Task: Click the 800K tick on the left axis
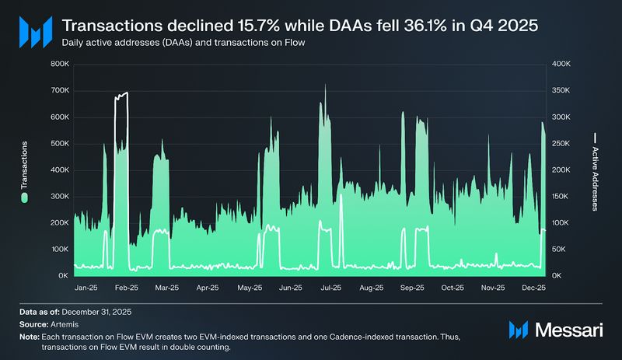tap(59, 64)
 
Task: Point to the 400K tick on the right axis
tap(561, 64)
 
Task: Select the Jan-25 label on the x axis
tap(86, 288)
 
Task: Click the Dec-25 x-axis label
tap(534, 288)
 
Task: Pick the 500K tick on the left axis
tap(59, 144)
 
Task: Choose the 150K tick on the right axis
tap(561, 197)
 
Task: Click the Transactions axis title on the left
tap(25, 165)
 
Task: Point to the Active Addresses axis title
tap(596, 180)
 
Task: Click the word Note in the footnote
tap(30, 335)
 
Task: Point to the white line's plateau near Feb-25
tap(121, 94)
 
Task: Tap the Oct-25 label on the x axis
tap(453, 288)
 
